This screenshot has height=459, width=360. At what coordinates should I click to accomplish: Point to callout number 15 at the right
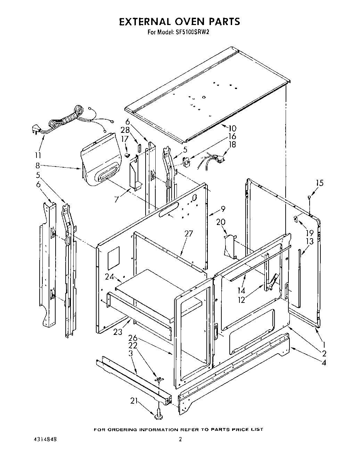(319, 183)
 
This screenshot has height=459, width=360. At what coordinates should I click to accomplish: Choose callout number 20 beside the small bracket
(220, 222)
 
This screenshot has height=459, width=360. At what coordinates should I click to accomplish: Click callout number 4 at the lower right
(324, 363)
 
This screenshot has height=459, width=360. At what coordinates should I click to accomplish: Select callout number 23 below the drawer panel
(118, 332)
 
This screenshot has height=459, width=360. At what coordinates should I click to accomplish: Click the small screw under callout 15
(309, 198)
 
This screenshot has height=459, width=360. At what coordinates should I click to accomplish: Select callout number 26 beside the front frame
(132, 337)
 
